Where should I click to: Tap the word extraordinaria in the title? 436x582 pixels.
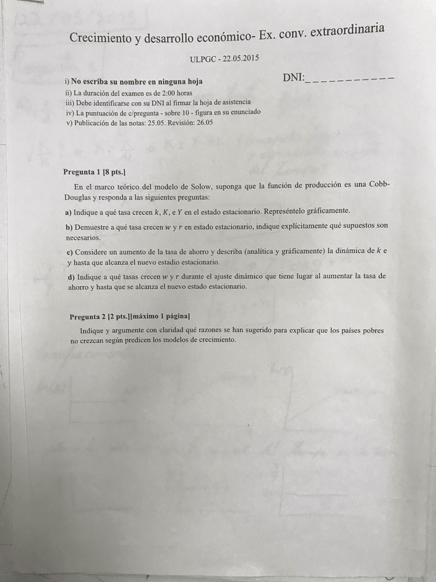coord(347,29)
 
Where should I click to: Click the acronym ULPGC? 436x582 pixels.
coord(204,60)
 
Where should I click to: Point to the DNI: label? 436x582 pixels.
coord(293,78)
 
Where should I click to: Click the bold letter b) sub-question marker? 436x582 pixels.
coord(69,226)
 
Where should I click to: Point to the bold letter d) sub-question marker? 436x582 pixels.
coord(71,277)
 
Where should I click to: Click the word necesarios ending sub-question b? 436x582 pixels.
coord(83,237)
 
